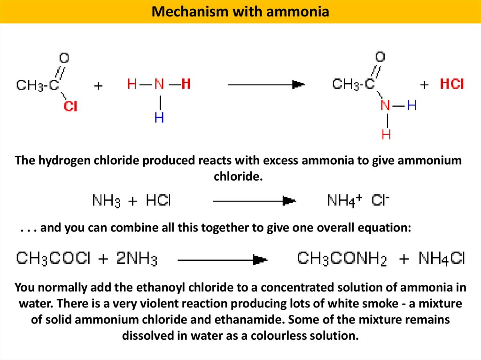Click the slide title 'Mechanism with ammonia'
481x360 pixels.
(240, 11)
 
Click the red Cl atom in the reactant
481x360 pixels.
(70, 107)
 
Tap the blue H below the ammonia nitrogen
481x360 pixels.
(159, 118)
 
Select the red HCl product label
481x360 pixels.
(451, 84)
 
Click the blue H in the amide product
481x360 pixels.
(412, 106)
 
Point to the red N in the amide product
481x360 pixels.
(385, 106)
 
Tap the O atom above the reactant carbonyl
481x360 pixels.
(64, 58)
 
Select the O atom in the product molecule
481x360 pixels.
(380, 57)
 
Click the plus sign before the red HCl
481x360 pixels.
(425, 85)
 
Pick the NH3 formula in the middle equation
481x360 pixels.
(106, 201)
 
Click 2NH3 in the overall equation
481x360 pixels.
(137, 259)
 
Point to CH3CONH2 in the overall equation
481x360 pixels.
(341, 259)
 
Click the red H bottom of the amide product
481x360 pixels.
(386, 135)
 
